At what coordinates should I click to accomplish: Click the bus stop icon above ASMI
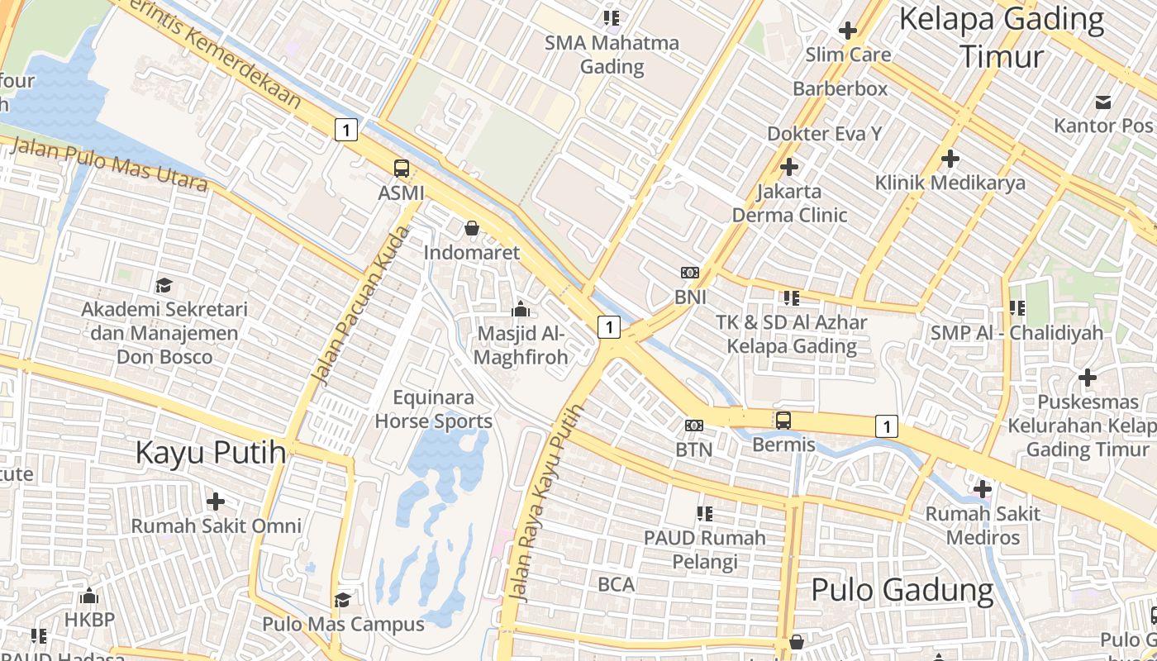402,169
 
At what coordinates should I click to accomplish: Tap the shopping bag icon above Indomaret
472,228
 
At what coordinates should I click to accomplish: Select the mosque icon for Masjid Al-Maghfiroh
521,310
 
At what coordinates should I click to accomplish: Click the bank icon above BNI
690,273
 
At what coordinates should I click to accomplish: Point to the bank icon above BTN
694,426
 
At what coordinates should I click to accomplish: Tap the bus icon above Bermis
783,420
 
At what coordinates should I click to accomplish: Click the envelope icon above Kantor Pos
1102,102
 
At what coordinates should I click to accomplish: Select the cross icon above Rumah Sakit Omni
216,502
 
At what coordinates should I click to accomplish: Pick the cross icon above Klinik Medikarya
950,158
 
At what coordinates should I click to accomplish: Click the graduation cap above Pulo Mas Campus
343,599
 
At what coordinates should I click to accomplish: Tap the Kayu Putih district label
211,453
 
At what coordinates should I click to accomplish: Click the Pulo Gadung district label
902,590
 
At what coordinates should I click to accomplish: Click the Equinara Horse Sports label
433,410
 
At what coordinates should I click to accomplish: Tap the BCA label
617,585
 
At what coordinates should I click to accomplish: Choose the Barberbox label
840,88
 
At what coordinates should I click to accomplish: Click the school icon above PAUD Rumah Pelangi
705,514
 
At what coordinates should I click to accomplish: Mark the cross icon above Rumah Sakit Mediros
982,489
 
